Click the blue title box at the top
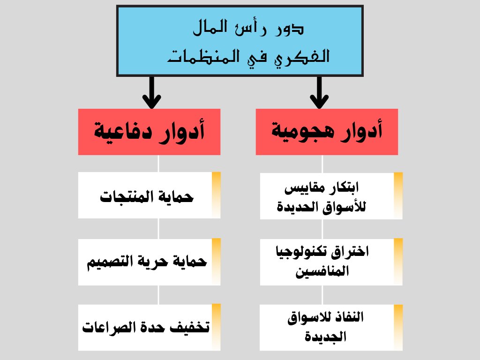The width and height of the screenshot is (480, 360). [240, 41]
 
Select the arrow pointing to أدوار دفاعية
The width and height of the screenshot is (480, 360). [151, 92]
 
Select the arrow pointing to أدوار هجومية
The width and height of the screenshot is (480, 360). [319, 92]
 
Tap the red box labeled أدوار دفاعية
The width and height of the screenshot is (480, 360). [149, 132]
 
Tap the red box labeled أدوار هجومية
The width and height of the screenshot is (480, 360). [327, 132]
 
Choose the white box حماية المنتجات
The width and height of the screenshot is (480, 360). [149, 195]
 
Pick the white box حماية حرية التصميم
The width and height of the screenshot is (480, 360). [149, 262]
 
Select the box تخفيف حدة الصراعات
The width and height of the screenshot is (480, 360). [149, 327]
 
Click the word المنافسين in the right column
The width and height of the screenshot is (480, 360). [322, 271]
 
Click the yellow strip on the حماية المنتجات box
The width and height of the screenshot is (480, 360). [216, 195]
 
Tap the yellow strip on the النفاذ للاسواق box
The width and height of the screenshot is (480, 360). [398, 327]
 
